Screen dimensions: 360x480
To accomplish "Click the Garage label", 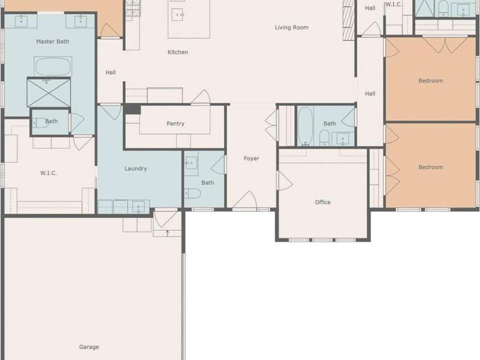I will tap(89, 347).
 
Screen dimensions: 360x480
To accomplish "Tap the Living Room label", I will tap(292, 27).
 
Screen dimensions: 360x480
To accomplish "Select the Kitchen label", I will tap(178, 52).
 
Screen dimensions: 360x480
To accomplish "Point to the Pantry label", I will tap(175, 124).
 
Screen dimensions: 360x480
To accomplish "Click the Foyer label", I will tap(252, 158).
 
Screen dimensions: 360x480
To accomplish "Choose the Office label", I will tap(323, 202).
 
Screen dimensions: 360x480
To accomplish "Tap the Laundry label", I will tap(136, 169).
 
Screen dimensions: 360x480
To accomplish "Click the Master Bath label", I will tap(52, 42).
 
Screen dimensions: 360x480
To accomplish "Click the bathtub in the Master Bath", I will tap(53, 67).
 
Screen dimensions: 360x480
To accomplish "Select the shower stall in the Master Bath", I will tap(49, 93).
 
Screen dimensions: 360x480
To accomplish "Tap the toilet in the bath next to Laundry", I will tap(192, 194).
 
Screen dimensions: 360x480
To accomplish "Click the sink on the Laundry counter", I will tap(138, 206).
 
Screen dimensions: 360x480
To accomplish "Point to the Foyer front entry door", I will tap(245, 202).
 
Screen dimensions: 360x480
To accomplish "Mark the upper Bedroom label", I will tap(430, 81).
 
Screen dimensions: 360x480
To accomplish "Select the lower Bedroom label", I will tap(430, 167).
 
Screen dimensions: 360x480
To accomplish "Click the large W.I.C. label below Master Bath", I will tap(48, 173).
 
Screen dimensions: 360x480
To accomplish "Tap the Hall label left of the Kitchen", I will tap(110, 73).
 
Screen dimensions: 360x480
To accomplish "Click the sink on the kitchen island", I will tap(178, 14).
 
